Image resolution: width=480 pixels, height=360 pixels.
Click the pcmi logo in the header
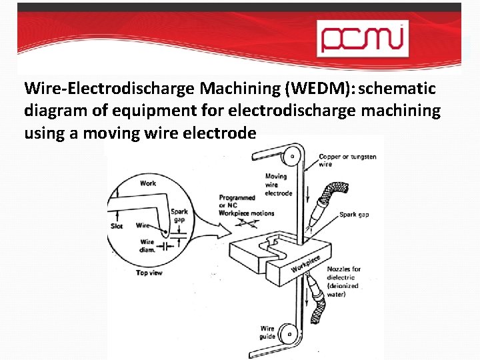click(361, 37)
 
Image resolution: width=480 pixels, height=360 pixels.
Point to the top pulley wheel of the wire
click(291, 157)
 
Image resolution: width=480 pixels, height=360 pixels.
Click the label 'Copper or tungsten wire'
click(347, 160)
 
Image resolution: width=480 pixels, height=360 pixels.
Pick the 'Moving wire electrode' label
click(278, 185)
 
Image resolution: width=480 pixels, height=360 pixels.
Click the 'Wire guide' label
click(267, 332)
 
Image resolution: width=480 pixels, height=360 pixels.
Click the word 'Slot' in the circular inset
click(116, 226)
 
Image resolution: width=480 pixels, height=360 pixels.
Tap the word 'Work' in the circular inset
click(148, 183)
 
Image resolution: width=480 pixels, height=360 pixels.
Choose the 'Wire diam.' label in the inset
click(147, 246)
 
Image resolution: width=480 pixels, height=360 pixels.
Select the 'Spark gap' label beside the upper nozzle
click(354, 215)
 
